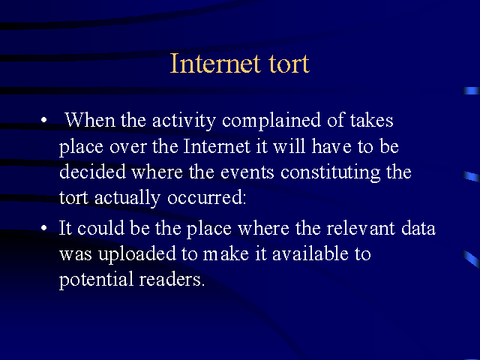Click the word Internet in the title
point(215,63)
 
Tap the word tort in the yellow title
point(289,64)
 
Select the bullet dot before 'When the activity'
point(44,120)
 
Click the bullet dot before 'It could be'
point(44,228)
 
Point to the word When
point(90,120)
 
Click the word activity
point(184,121)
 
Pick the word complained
point(271,121)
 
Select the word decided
point(92,172)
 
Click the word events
point(247,172)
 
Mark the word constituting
point(330,173)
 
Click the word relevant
point(361,228)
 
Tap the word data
point(418,228)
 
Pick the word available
point(310,253)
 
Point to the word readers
point(172,279)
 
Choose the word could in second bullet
point(100,228)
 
